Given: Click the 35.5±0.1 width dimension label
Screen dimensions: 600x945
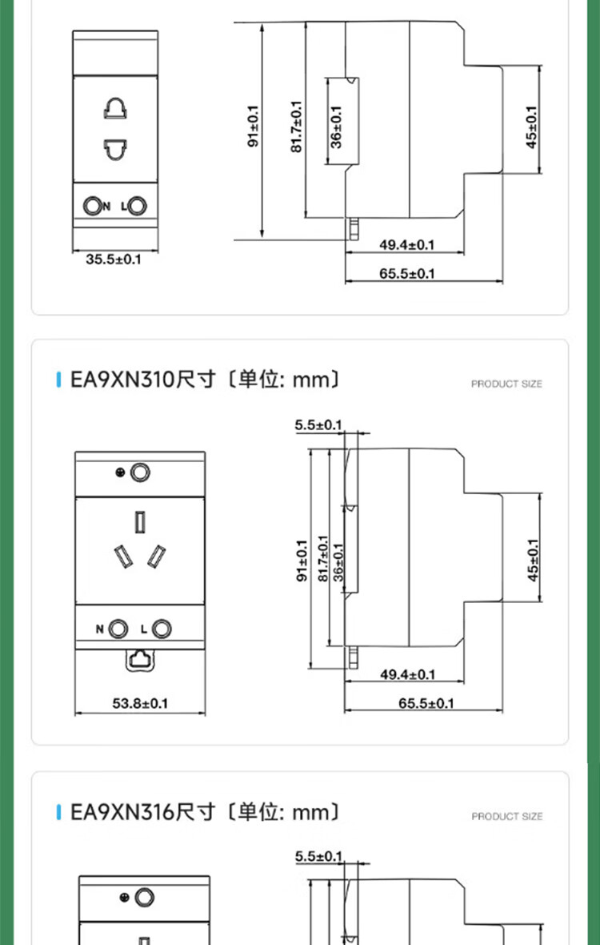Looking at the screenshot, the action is pos(113,259).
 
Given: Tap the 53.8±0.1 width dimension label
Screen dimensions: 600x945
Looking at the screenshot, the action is pos(140,702).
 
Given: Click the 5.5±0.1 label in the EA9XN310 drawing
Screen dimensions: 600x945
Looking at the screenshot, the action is pos(318,425).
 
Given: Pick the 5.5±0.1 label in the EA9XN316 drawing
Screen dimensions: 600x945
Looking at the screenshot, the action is pos(318,856).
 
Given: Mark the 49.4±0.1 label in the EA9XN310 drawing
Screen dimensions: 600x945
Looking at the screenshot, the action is pos(407,674).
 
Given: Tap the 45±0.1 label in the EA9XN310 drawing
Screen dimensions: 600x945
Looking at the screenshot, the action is pos(533,560).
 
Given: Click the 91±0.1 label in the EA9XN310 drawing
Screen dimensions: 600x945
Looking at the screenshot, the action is pos(302,561).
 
